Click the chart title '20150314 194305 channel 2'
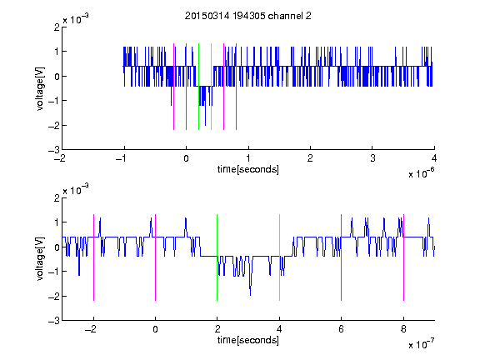pos(248,16)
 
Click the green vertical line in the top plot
pos(198,87)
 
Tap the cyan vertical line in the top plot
pos(211,87)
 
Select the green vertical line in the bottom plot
pos(217,257)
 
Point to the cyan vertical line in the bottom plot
pos(279,257)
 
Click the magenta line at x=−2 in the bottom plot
pos(93,257)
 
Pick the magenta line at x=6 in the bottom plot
pos(342,257)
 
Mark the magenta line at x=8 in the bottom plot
pos(404,257)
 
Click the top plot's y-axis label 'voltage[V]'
pos(40,88)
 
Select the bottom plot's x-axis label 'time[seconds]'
pos(248,340)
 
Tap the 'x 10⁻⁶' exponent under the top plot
pos(421,173)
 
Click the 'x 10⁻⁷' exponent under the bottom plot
pos(421,344)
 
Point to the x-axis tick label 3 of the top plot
pos(372,158)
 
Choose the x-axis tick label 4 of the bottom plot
pos(279,329)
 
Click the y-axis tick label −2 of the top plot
pos(54,126)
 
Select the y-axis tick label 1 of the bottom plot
pos(57,222)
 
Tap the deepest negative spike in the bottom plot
pos(250,295)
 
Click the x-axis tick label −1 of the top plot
pos(122,158)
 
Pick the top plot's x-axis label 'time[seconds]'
pos(248,169)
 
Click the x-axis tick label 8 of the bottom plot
pos(403,329)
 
